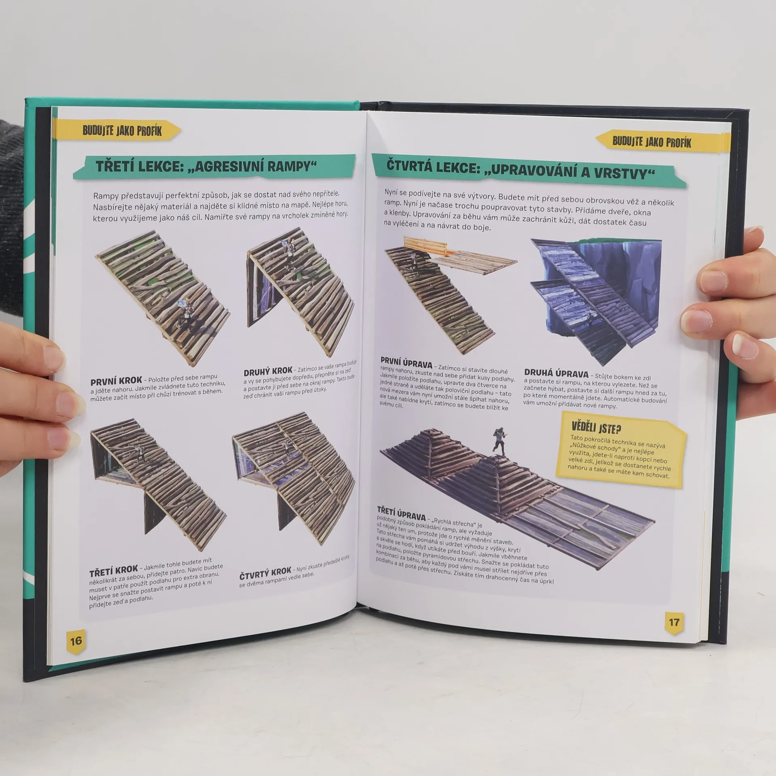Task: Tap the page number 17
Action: [x=674, y=622]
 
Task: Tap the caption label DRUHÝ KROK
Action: [x=268, y=371]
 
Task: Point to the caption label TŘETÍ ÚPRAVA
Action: [x=401, y=513]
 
